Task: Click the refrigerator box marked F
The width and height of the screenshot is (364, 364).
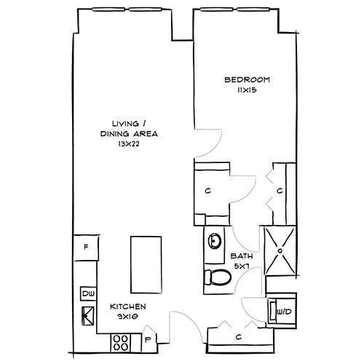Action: [x=86, y=248]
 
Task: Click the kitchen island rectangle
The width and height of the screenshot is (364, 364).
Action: [x=143, y=261]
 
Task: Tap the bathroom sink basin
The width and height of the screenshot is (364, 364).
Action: [x=214, y=240]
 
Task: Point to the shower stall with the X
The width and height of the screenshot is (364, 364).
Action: [x=280, y=250]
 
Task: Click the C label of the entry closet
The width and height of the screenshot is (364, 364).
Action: [x=239, y=336]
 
